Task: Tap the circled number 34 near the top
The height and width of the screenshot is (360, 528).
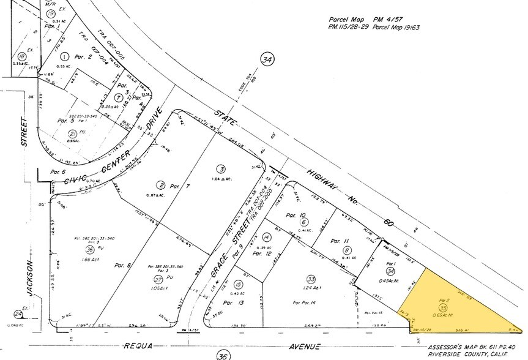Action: click(267, 59)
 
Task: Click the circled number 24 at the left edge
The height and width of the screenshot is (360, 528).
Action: click(19, 314)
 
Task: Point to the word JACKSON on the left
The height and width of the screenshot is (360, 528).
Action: click(29, 278)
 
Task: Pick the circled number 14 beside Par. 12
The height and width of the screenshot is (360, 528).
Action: click(266, 237)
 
